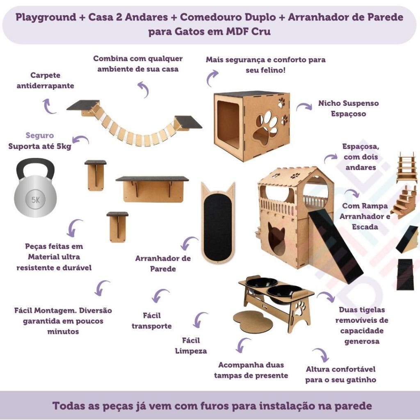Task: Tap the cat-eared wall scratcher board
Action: click(x=218, y=223)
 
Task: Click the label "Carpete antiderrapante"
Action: click(x=45, y=80)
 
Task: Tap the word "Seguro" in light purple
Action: click(x=40, y=135)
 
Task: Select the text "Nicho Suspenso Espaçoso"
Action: click(x=348, y=108)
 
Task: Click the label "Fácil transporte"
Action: click(x=152, y=321)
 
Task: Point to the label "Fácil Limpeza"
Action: click(x=191, y=345)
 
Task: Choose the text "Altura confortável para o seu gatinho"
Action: click(x=341, y=374)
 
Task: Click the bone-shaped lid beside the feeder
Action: click(x=253, y=320)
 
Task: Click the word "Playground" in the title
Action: click(x=46, y=17)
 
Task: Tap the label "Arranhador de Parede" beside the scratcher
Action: click(x=163, y=264)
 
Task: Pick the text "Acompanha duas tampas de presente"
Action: click(x=251, y=370)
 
